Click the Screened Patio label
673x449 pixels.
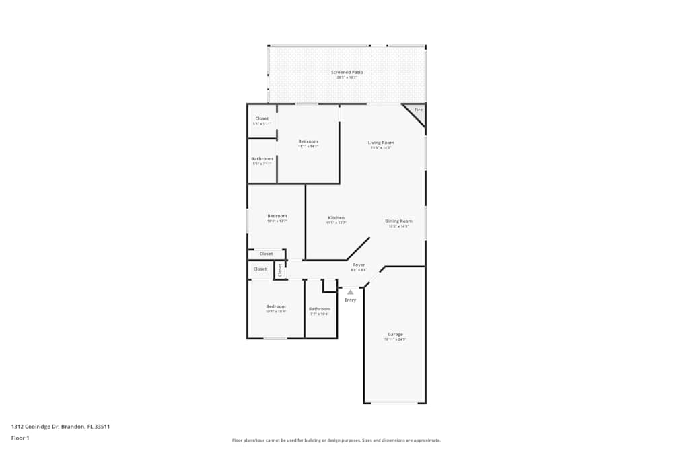(347, 72)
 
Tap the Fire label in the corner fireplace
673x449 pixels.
(418, 110)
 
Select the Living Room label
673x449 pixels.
(380, 143)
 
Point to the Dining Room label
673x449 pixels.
(398, 221)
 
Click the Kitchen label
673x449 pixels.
(336, 218)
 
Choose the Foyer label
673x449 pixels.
(359, 265)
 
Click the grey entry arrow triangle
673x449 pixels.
(350, 292)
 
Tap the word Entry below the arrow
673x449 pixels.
(350, 300)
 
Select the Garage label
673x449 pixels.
(395, 335)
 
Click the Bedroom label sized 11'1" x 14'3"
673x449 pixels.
(308, 142)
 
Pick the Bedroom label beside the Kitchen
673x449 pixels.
(277, 216)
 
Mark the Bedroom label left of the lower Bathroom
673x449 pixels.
(275, 306)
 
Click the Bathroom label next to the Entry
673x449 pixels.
(319, 309)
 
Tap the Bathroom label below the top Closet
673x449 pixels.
(262, 159)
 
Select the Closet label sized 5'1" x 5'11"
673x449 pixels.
(262, 119)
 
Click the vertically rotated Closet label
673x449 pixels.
(280, 269)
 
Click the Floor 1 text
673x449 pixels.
(20, 438)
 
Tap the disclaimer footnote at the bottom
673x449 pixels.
(336, 440)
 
